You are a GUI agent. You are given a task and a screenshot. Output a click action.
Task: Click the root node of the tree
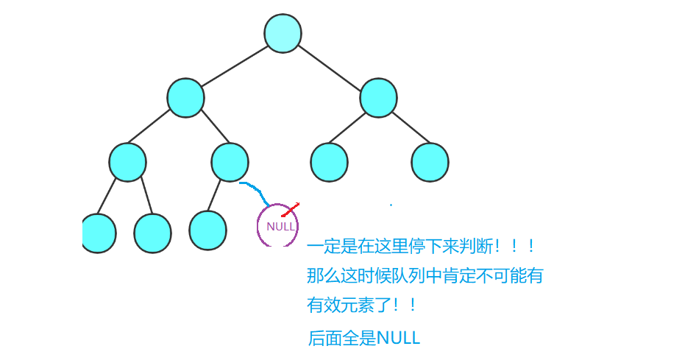click(283, 34)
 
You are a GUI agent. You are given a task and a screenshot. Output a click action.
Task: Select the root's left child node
click(185, 97)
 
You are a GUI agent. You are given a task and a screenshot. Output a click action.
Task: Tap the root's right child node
click(378, 97)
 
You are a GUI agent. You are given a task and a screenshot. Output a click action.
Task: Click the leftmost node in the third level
click(127, 163)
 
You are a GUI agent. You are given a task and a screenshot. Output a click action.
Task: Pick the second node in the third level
click(230, 163)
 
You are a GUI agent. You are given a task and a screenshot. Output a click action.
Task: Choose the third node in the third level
click(329, 163)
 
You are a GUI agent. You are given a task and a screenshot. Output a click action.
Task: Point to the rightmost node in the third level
click(430, 163)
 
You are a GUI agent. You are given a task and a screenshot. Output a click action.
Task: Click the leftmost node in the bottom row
click(99, 233)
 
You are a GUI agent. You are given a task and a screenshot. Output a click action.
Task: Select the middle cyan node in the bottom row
click(152, 233)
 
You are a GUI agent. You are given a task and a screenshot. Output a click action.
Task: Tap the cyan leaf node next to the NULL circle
click(207, 230)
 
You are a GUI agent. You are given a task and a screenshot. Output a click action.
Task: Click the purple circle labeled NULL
click(278, 225)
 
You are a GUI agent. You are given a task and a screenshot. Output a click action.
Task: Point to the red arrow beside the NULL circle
click(291, 208)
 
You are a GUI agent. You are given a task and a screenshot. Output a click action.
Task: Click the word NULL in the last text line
click(398, 339)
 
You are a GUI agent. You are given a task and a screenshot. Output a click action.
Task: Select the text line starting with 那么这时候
click(425, 277)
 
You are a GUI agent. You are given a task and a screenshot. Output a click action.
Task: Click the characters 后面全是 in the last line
click(342, 339)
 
